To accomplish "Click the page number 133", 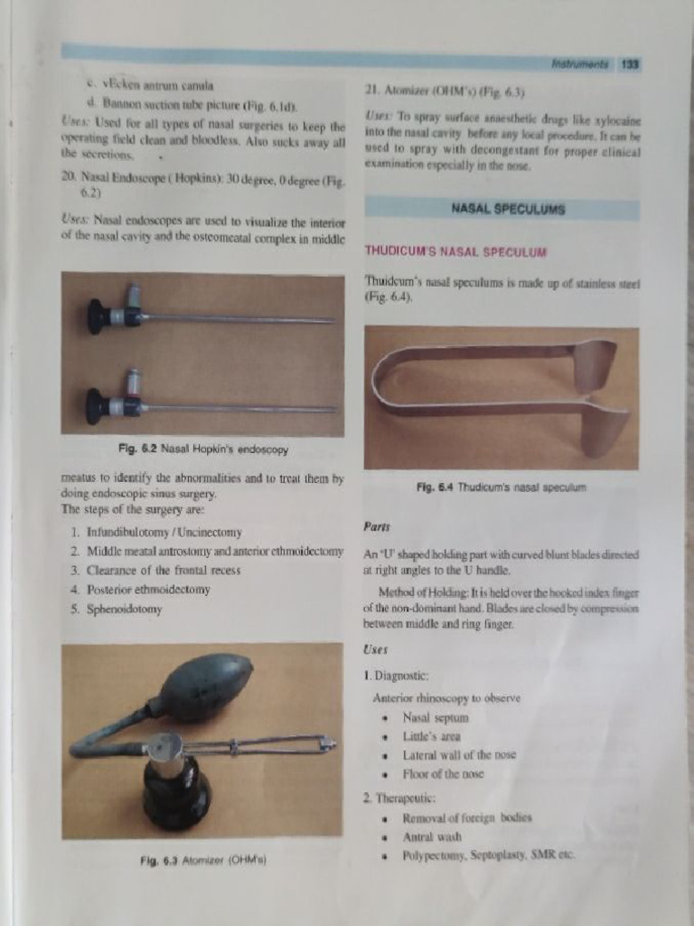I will click(x=630, y=64).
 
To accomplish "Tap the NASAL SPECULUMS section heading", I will click(x=507, y=209).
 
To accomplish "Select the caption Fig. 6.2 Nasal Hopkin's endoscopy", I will click(x=202, y=449).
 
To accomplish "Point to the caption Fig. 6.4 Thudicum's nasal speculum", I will click(x=502, y=487).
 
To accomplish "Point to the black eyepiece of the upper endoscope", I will click(x=97, y=317).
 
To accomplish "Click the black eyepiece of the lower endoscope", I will click(x=95, y=406).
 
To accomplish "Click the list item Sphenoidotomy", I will click(x=126, y=609).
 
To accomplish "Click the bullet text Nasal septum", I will click(x=436, y=718).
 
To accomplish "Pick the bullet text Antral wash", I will click(x=432, y=836).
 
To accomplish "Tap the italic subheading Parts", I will click(x=376, y=525).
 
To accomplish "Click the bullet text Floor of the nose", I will click(x=443, y=774).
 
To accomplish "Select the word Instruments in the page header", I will click(x=579, y=64).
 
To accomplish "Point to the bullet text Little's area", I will click(x=431, y=736).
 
